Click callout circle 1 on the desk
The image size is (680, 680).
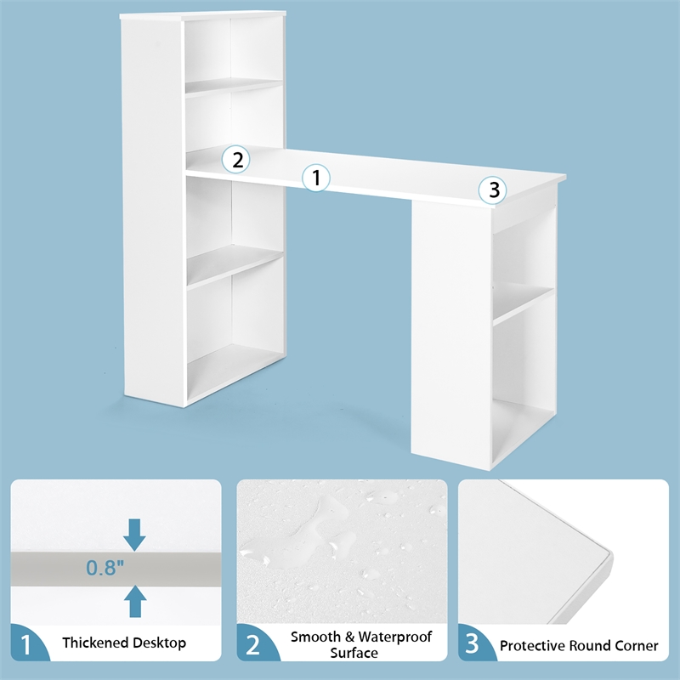coord(316,178)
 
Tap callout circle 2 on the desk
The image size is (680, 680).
coord(236,158)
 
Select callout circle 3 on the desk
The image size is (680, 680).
coord(492,190)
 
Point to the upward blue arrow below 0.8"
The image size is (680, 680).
coord(134,601)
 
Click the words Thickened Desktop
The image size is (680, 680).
coord(124,643)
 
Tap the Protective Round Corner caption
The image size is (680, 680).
coord(579,646)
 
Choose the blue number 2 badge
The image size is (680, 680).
coord(253,644)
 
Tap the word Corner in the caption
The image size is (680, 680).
coord(636,646)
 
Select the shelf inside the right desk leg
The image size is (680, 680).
coord(523,303)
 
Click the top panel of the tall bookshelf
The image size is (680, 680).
coord(204,16)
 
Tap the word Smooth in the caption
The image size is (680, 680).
coord(314,637)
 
